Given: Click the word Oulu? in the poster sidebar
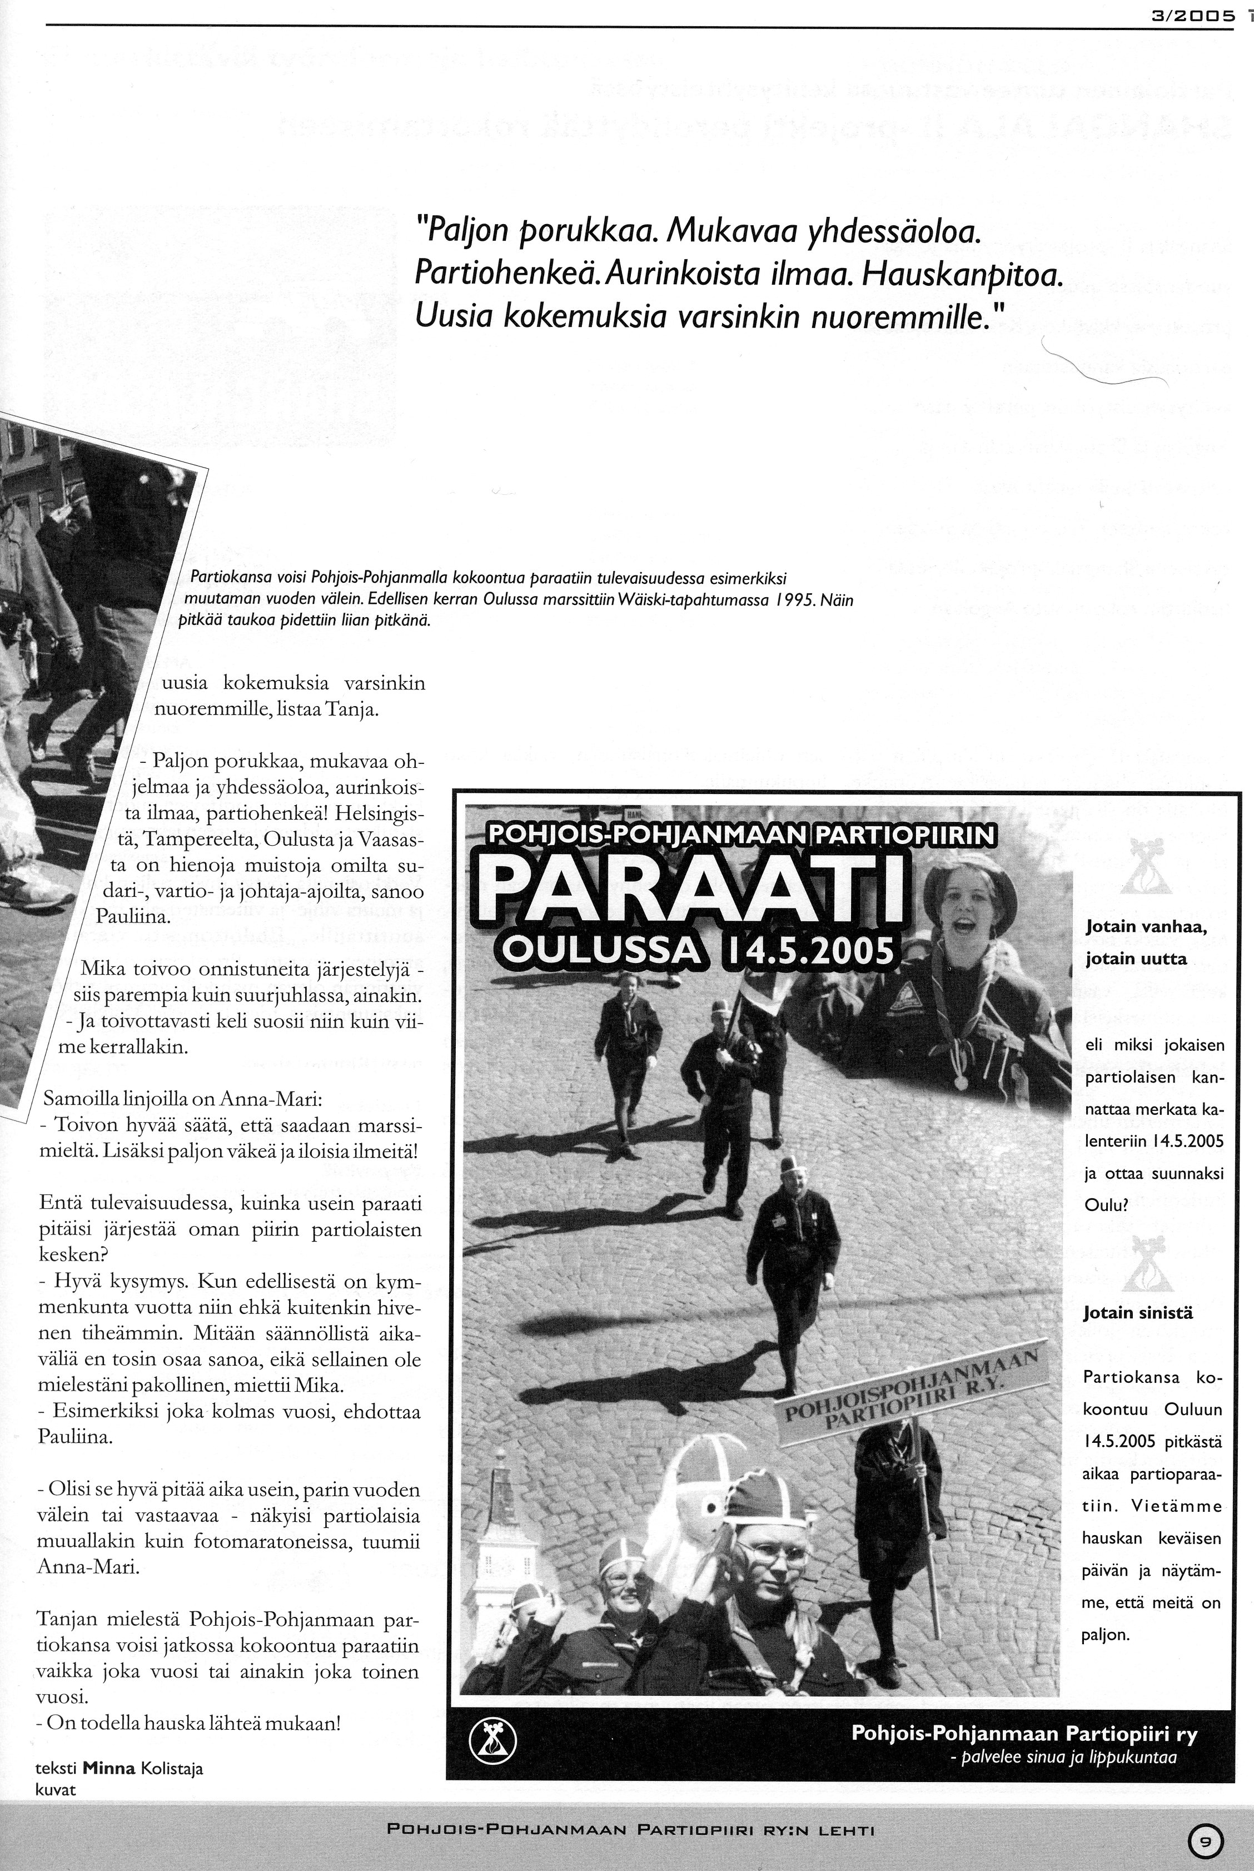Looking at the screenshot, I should pyautogui.click(x=1105, y=1205).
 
